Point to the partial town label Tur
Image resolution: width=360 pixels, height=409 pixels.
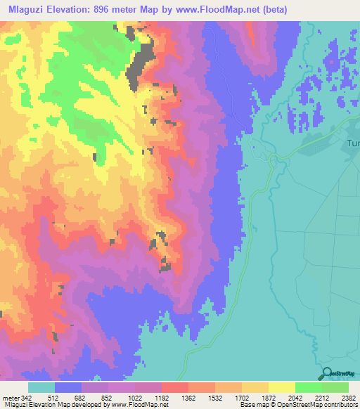pos(352,143)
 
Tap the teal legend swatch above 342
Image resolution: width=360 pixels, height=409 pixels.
pos(41,387)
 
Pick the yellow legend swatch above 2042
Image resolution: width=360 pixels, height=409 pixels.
pos(281,387)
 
